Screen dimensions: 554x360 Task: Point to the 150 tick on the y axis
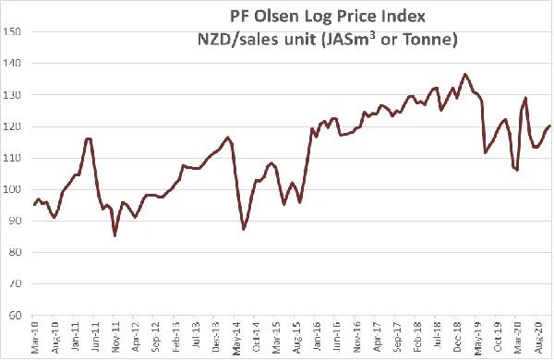click(x=12, y=31)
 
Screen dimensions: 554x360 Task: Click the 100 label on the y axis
click(x=12, y=189)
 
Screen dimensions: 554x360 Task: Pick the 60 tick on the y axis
click(x=14, y=315)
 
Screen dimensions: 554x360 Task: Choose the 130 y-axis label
click(x=12, y=95)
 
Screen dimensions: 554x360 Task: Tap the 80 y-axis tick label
click(x=14, y=252)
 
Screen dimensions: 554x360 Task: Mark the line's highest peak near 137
click(x=465, y=74)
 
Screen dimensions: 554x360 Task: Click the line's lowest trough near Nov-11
click(x=114, y=235)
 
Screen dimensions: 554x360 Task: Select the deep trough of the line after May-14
click(x=244, y=229)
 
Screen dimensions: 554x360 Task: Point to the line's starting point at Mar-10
click(x=34, y=205)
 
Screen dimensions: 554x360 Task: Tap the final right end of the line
click(x=550, y=126)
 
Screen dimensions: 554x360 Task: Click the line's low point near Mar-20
click(x=518, y=170)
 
